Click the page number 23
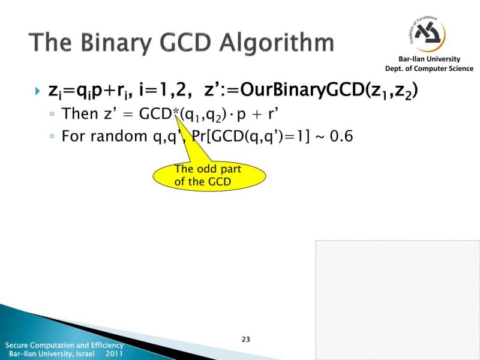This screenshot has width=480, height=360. (245, 340)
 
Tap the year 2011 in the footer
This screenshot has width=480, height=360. (114, 354)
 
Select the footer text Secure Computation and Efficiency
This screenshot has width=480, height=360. (64, 346)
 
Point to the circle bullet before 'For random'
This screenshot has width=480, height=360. (53, 137)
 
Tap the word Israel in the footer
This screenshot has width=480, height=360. (91, 354)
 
